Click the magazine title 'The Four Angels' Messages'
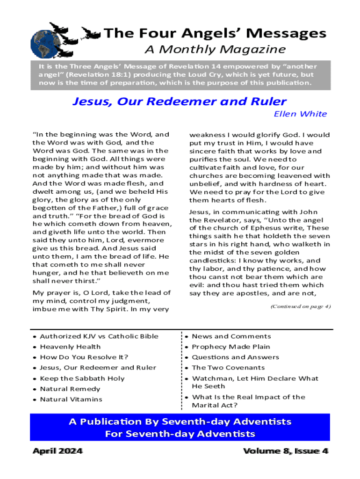(215, 33)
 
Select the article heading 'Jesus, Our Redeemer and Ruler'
(180, 102)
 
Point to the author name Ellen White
(300, 114)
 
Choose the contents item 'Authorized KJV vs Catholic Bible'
(99, 336)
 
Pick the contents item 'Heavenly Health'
(70, 347)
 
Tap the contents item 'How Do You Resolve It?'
(84, 357)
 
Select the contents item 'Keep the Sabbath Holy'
(82, 378)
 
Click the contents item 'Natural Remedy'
(70, 389)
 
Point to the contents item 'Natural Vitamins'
(71, 399)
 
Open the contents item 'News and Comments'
(231, 336)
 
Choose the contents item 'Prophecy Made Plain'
(231, 347)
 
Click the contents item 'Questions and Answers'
(236, 357)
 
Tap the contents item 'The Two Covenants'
(228, 368)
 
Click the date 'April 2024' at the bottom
(58, 451)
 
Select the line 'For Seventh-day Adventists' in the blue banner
(180, 434)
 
